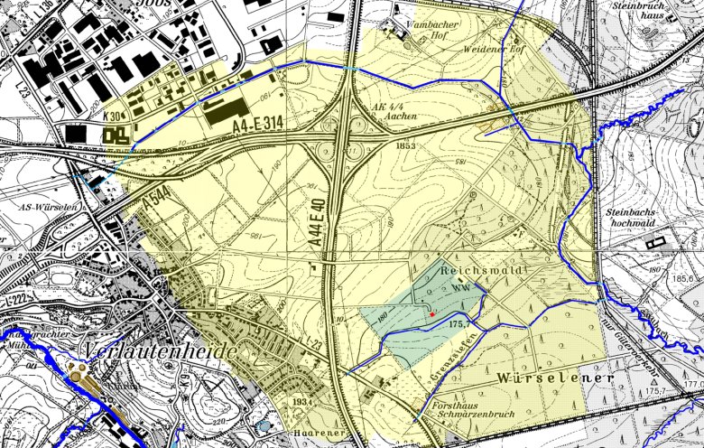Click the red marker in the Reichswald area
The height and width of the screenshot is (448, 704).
point(433,313)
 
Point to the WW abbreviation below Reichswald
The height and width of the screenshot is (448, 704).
point(462,287)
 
